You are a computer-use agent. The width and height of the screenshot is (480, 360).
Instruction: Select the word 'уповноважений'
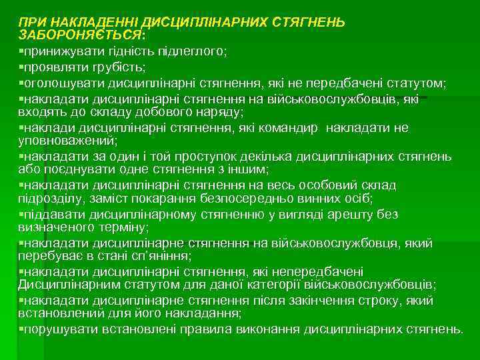pyautogui.click(x=67, y=140)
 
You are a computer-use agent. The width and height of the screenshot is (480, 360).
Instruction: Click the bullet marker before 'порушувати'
pyautogui.click(x=21, y=329)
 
